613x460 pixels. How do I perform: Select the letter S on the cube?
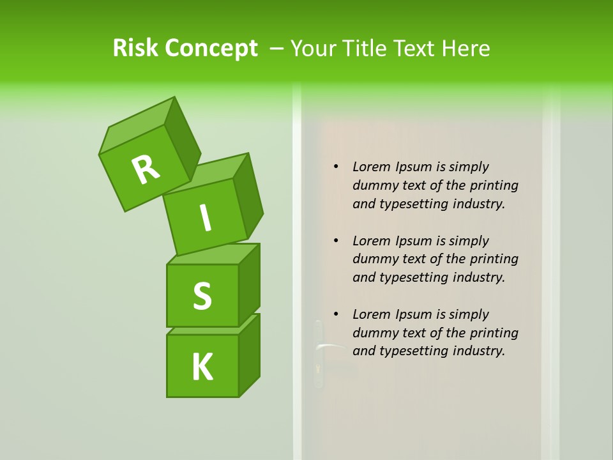(202, 296)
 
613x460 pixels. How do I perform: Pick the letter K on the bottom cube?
(202, 367)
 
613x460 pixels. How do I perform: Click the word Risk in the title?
(135, 48)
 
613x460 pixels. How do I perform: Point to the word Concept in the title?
(210, 49)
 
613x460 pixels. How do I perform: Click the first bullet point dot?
(336, 167)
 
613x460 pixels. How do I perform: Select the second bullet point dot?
(336, 241)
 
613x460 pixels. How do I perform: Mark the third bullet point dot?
(336, 314)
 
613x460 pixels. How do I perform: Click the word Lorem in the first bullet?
(371, 167)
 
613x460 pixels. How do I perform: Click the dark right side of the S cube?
(249, 284)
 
